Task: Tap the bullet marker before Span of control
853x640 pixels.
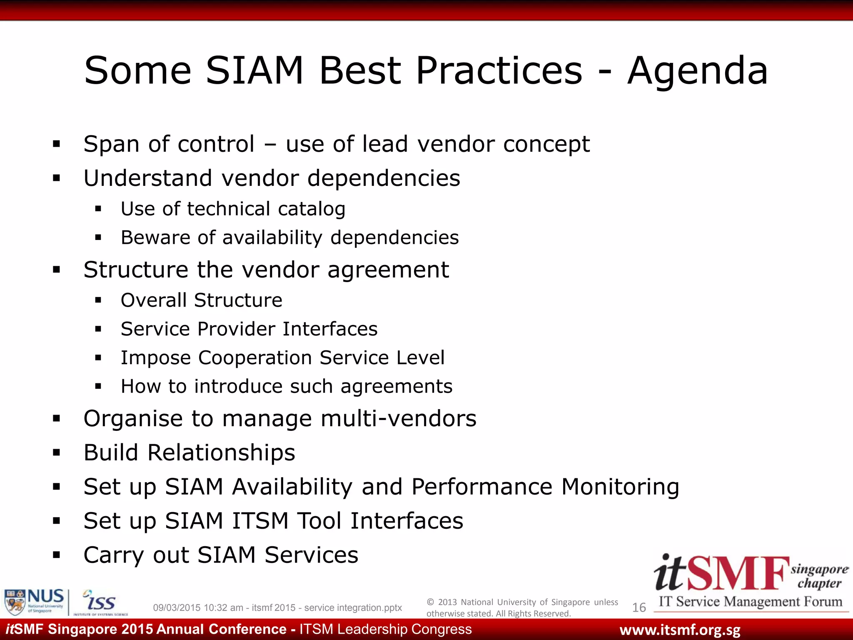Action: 57,145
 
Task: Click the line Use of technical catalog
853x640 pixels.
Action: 233,209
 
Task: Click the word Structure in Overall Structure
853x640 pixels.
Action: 238,300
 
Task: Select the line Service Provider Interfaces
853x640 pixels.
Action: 249,329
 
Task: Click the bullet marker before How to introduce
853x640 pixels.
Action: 98,386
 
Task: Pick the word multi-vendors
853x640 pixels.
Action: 399,418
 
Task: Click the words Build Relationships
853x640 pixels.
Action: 189,452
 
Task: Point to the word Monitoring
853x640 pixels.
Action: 620,487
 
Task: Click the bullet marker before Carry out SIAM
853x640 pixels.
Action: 57,555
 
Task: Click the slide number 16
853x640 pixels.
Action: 639,607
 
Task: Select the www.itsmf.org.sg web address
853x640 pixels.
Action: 680,630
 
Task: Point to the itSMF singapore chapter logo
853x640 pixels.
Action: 750,581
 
